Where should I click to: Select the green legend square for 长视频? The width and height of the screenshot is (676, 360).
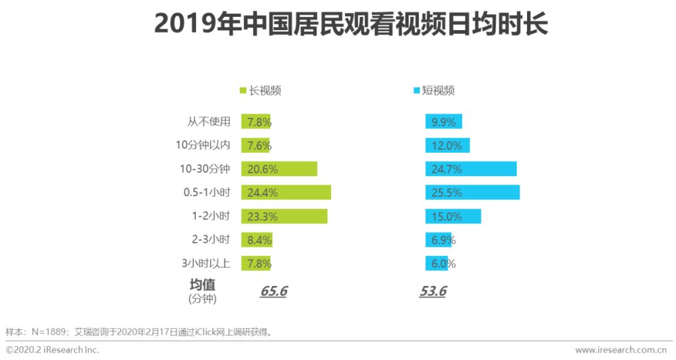243,91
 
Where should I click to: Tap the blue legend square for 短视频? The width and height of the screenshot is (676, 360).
416,91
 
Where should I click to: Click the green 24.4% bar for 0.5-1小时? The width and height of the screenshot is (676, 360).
286,192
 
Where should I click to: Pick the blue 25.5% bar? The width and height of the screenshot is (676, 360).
473,192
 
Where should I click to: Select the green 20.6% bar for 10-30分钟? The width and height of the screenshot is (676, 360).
279,168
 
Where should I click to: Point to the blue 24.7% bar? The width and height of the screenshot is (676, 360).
471,168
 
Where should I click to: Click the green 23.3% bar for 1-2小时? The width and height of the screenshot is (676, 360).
284,216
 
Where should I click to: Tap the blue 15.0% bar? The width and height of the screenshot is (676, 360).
453,216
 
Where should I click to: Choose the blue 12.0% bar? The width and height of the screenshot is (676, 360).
448,145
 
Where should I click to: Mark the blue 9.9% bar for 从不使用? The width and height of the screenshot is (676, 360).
444,121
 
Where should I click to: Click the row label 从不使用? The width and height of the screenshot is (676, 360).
209,121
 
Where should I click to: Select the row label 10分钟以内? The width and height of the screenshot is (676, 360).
203,145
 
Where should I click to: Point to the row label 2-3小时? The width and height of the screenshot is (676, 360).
211,239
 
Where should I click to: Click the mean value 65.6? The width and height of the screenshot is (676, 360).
273,292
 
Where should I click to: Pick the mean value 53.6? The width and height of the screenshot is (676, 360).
433,292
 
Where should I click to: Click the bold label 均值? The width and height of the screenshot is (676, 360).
202,284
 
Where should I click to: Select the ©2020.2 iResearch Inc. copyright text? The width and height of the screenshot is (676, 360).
53,350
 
